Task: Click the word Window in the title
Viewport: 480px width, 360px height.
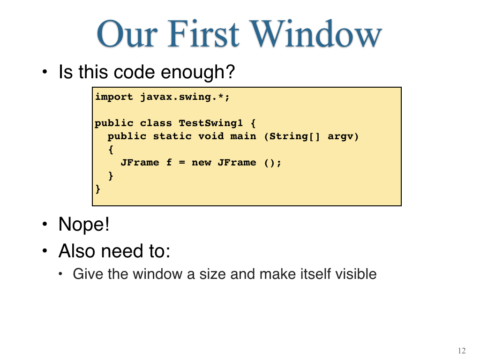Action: click(316, 33)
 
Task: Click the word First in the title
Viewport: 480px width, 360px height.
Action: click(203, 33)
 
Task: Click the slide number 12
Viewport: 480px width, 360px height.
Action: click(462, 351)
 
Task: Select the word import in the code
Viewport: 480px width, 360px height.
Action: click(114, 97)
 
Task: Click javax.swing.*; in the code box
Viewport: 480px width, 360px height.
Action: click(185, 97)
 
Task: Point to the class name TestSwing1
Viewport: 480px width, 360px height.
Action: click(210, 123)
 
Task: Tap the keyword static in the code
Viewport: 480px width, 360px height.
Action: click(172, 136)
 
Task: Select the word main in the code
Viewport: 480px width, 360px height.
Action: click(243, 136)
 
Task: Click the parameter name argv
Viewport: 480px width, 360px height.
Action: click(340, 136)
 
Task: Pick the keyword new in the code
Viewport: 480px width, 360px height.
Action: click(201, 163)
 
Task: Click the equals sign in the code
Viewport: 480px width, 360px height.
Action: click(182, 163)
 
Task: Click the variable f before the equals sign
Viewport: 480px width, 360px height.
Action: click(169, 162)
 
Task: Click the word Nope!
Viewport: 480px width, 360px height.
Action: click(84, 225)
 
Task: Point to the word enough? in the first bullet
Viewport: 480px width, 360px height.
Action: click(198, 72)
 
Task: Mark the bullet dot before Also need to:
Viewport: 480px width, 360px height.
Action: click(45, 251)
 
